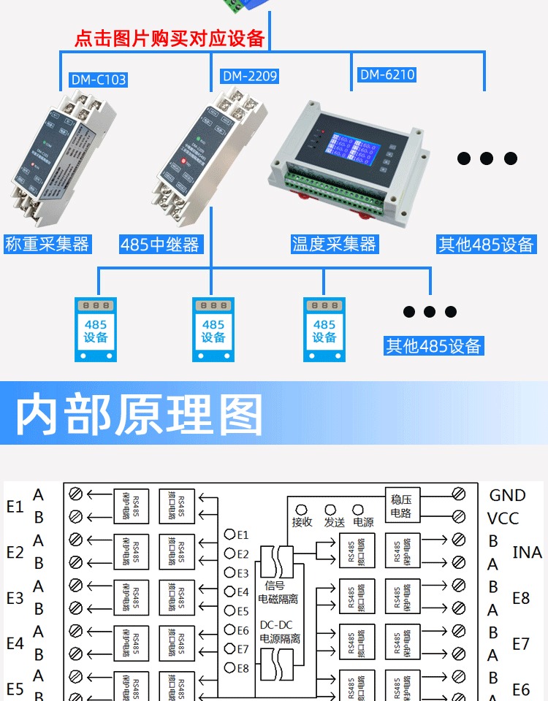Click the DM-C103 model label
[99, 80]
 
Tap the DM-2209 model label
[249, 76]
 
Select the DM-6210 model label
[387, 74]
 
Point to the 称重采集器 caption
[47, 244]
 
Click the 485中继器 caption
[160, 245]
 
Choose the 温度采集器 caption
[334, 244]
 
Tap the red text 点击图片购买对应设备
[170, 38]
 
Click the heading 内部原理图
[139, 415]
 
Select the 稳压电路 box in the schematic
[401, 506]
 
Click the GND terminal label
[507, 496]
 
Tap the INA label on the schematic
[527, 553]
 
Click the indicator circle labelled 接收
[301, 509]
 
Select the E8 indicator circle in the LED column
[229, 667]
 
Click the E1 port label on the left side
[15, 506]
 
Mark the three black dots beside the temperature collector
[487, 158]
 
